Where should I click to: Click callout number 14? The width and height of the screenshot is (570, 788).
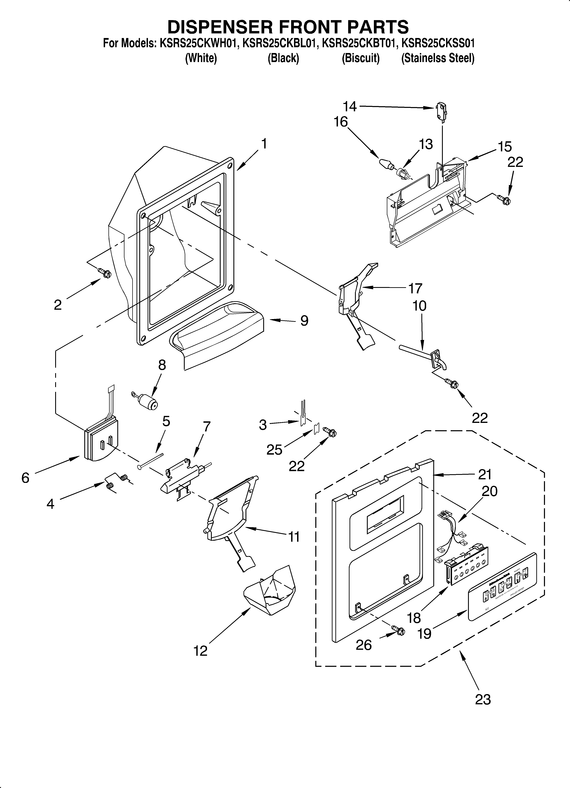350,106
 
